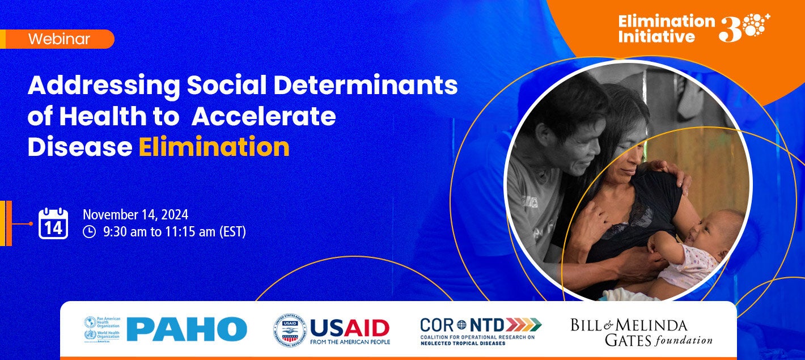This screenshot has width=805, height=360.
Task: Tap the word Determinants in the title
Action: coord(366,86)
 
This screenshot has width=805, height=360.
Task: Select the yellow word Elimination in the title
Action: coord(214,147)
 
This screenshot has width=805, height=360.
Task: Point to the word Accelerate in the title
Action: coord(264,116)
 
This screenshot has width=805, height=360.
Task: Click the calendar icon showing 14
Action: coord(53,223)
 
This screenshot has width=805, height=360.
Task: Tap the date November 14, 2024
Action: coord(135,215)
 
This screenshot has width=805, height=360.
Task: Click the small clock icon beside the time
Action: coord(89,232)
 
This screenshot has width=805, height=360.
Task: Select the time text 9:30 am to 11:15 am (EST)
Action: coord(174,232)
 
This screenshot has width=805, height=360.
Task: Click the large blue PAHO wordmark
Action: coord(187,329)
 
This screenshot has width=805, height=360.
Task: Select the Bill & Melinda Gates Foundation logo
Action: coord(641,332)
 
